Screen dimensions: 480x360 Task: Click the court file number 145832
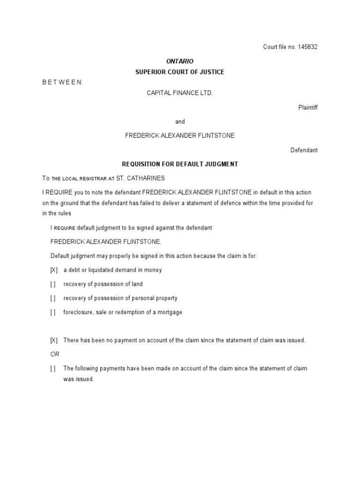[x=307, y=47]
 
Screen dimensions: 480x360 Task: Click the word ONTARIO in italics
[x=180, y=61]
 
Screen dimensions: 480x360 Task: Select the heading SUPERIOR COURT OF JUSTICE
[x=180, y=72]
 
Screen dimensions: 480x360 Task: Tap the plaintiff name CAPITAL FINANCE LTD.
[x=180, y=93]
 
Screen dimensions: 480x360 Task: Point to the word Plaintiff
[x=308, y=107]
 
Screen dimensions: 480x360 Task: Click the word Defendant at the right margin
[x=304, y=150]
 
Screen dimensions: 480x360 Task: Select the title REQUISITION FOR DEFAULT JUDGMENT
[x=180, y=164]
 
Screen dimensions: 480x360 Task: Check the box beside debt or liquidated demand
[x=54, y=270]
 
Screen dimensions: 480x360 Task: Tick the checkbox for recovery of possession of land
[x=53, y=284]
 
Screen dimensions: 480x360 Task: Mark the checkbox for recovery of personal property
[x=53, y=298]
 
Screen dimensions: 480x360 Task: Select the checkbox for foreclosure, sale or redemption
[x=53, y=312]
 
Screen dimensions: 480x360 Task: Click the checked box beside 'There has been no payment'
[x=54, y=340]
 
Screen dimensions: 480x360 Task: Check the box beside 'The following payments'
[x=53, y=368]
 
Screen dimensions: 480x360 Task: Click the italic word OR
[x=55, y=354]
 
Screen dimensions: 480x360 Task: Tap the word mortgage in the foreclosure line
[x=170, y=312]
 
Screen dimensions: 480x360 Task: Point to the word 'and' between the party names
[x=180, y=122]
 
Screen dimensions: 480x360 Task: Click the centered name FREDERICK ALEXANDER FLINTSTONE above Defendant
[x=180, y=135]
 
